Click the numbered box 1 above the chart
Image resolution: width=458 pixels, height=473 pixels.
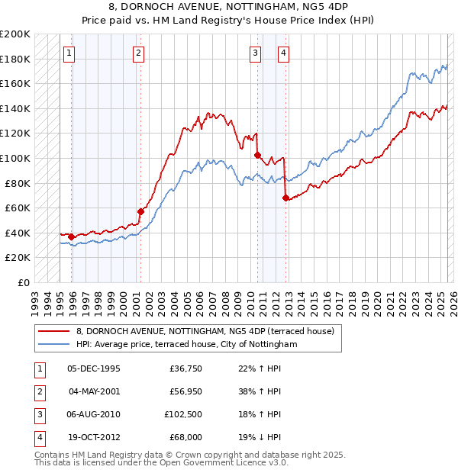click(69, 53)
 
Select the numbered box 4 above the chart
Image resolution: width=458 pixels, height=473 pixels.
click(283, 53)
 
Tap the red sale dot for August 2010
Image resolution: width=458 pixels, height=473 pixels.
click(258, 155)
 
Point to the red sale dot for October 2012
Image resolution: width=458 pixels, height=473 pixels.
click(285, 198)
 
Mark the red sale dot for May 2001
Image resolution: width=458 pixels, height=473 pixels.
click(140, 211)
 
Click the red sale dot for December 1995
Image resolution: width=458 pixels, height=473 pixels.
click(72, 236)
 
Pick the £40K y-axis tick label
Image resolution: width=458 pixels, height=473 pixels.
click(18, 233)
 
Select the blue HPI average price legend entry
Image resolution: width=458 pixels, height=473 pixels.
click(185, 345)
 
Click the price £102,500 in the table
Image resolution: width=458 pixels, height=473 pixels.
click(183, 414)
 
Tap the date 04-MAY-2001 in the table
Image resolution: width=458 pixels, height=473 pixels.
click(94, 392)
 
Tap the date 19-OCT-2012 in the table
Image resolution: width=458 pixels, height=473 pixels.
click(94, 437)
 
